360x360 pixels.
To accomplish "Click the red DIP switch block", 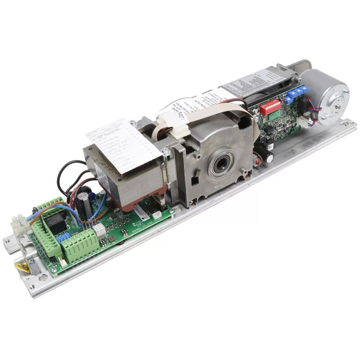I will (x=270, y=108).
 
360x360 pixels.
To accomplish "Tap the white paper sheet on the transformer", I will (x=121, y=144).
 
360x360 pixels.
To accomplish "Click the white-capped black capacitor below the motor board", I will (x=269, y=155).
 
